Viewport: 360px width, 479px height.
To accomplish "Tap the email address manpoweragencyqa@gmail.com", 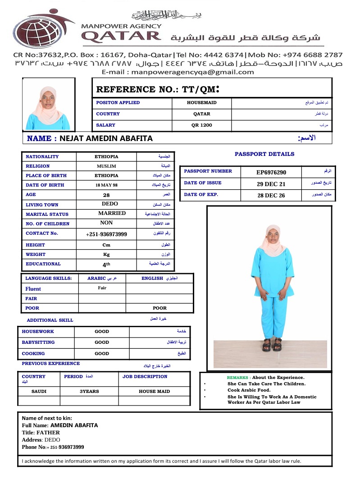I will [x=178, y=72].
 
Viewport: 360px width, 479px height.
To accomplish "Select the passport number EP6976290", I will [x=271, y=172].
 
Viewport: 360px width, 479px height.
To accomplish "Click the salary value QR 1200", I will [x=201, y=125].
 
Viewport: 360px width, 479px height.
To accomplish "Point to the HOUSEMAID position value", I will [x=201, y=103].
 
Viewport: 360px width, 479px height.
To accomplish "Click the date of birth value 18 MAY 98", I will [x=106, y=185].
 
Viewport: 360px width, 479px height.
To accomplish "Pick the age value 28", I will [x=106, y=195].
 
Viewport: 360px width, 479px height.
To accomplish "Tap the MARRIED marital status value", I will [x=112, y=214].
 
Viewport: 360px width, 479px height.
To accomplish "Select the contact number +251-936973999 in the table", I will [x=106, y=234].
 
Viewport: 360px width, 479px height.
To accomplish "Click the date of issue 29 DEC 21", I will [x=271, y=183].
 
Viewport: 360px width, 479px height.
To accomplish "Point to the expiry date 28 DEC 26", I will [x=271, y=195].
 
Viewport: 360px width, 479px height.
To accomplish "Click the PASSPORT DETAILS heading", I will [x=264, y=154].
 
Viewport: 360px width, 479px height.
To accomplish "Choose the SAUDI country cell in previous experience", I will [x=39, y=392].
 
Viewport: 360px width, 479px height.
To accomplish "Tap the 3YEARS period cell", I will [x=89, y=392].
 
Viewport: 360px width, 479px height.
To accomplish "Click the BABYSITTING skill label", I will [x=38, y=342].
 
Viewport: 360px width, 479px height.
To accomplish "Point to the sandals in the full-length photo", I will [x=272, y=345].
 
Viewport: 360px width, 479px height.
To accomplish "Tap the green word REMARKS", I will [x=237, y=378].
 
